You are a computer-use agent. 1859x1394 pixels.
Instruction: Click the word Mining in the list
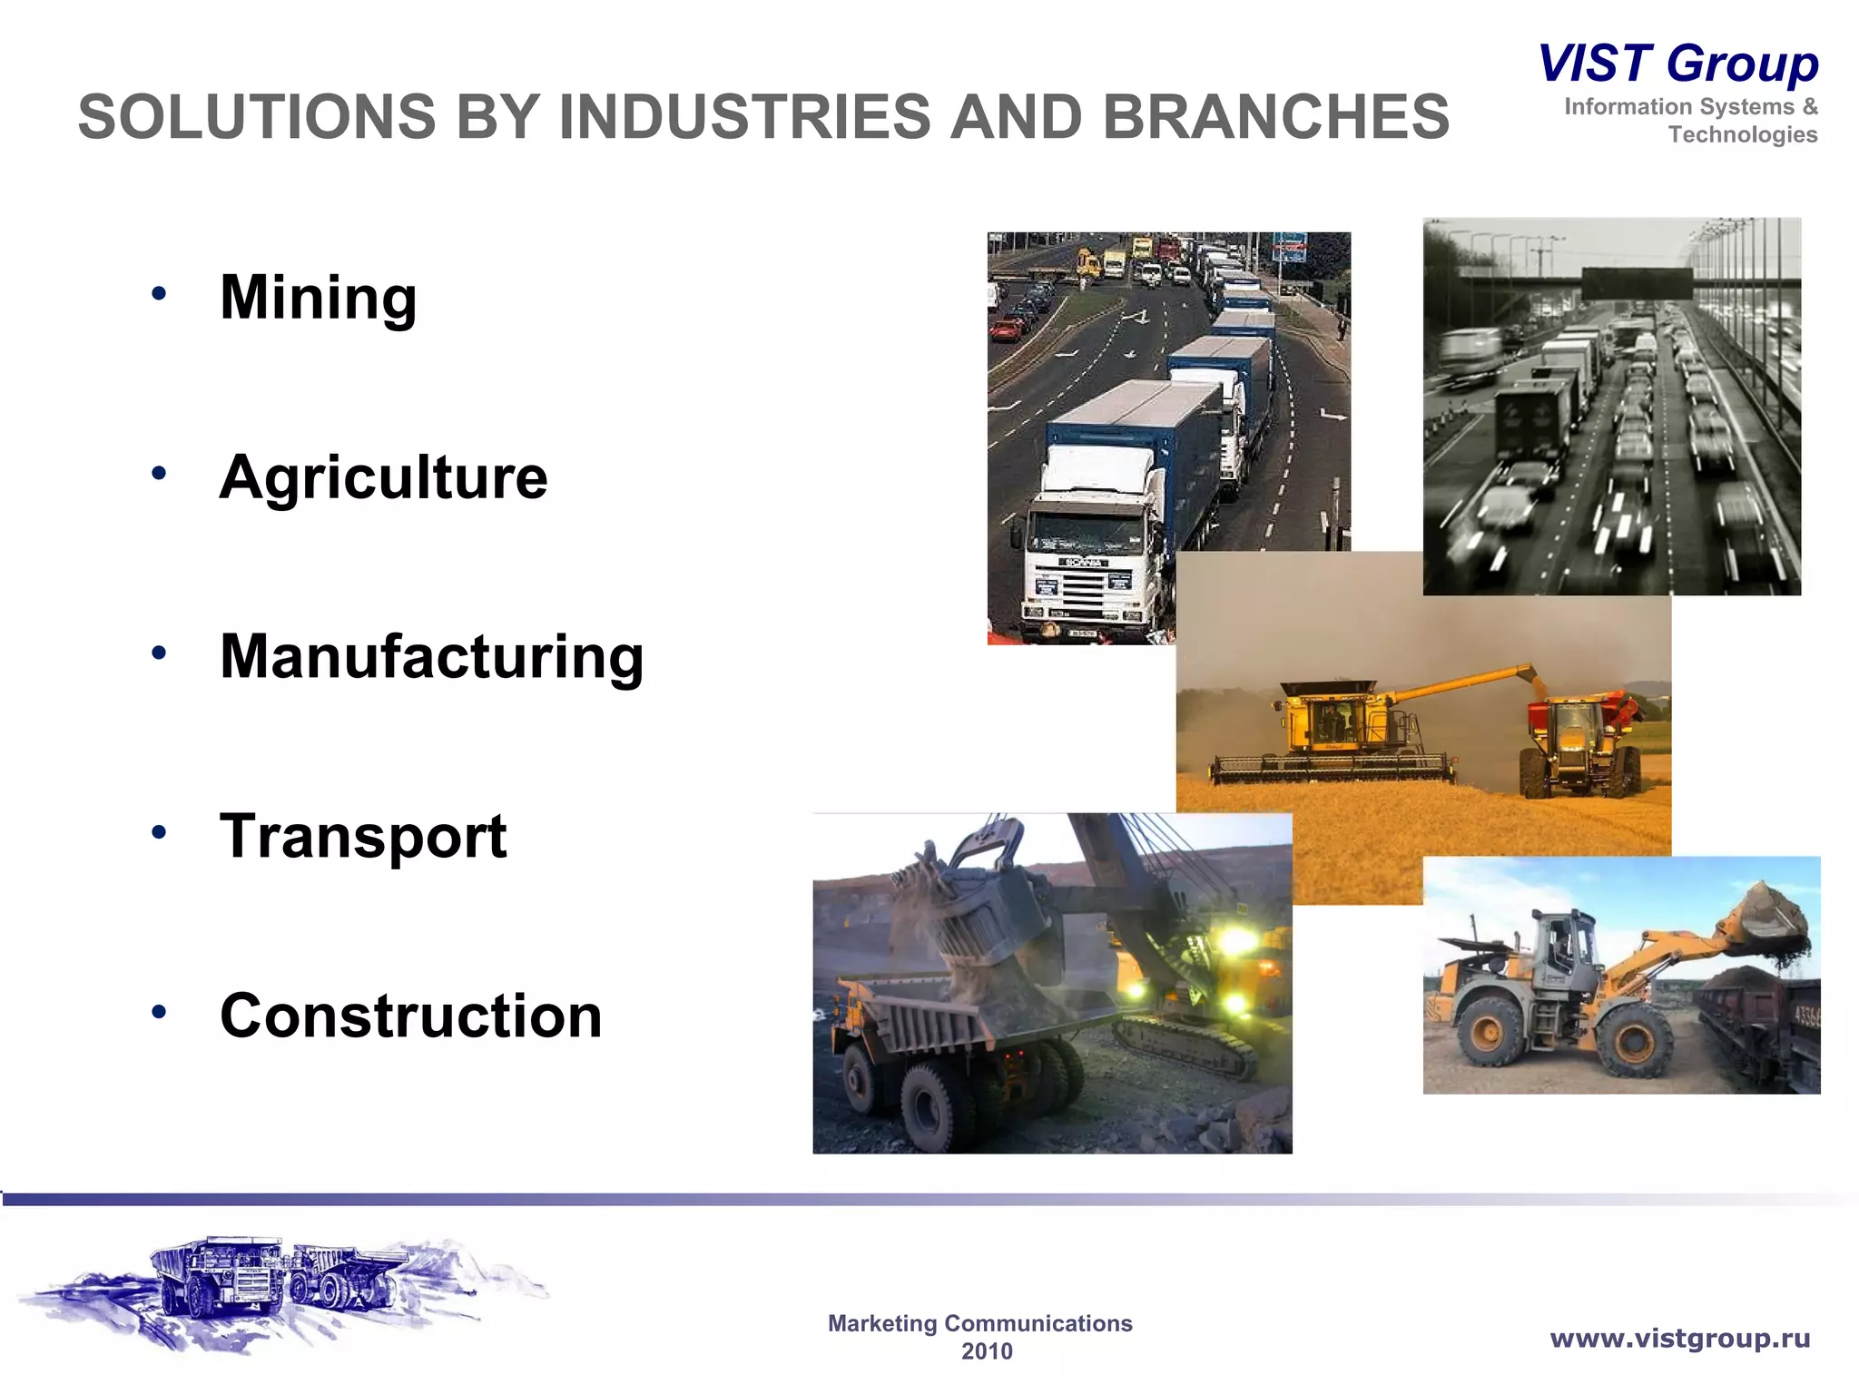(318, 298)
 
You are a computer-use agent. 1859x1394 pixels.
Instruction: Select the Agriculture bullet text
(383, 477)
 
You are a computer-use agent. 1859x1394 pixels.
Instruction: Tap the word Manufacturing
(431, 656)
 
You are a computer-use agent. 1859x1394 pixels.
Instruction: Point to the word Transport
(363, 836)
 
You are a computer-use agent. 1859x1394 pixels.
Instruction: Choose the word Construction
(410, 1016)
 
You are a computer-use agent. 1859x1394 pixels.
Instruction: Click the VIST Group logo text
(1677, 64)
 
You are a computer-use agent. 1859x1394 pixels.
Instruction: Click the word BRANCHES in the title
(1275, 117)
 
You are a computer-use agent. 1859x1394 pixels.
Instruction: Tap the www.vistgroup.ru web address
(1679, 1338)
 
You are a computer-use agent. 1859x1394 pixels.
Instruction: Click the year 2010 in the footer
(987, 1351)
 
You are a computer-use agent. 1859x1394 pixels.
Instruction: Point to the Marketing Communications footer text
(979, 1323)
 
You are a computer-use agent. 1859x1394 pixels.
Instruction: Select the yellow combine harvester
(1334, 731)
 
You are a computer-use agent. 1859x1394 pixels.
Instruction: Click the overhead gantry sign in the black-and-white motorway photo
(1637, 283)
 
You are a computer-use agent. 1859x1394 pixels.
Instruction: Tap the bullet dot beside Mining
(160, 293)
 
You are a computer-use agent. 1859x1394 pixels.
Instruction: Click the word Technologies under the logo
(1742, 134)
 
